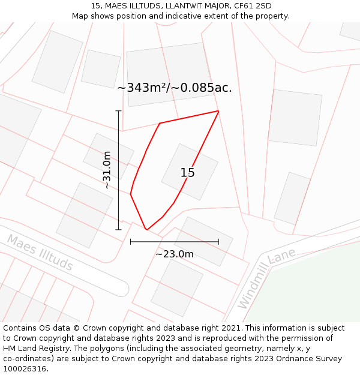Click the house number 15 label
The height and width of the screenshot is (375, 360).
(187, 173)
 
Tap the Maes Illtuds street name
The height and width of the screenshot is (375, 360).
(40, 253)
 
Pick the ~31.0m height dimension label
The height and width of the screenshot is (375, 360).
(107, 170)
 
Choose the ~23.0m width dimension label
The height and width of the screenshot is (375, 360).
(175, 254)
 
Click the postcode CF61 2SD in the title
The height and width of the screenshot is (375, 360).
(251, 6)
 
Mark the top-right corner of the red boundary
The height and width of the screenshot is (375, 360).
(218, 111)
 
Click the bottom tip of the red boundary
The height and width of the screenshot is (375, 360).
(146, 229)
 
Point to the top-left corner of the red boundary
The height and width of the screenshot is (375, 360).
(160, 124)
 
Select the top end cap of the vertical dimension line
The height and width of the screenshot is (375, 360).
(118, 111)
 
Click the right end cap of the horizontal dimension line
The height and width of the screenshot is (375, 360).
(218, 242)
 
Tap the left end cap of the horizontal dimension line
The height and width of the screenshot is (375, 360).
(131, 242)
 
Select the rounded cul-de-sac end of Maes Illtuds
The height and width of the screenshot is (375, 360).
(120, 288)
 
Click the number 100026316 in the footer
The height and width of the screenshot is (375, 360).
(24, 369)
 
